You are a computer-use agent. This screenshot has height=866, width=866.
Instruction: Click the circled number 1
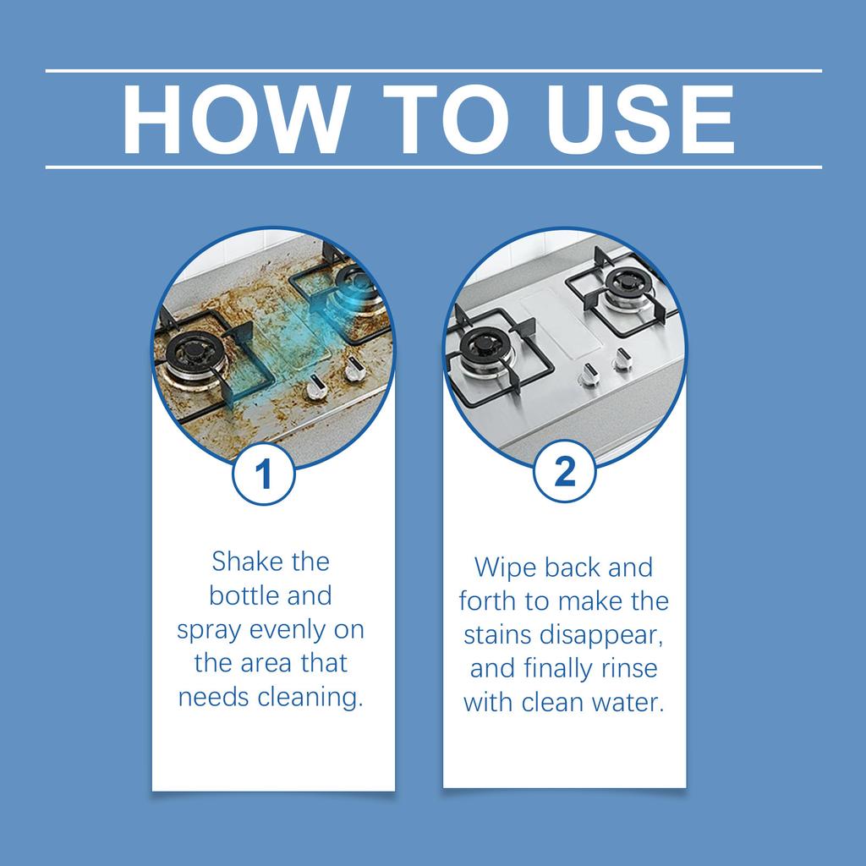264,474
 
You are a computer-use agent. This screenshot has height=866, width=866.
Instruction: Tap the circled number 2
564,471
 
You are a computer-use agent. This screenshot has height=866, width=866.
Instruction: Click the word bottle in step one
241,595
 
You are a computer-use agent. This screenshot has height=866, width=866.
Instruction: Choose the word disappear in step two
607,635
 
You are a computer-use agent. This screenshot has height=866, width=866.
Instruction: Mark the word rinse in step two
628,668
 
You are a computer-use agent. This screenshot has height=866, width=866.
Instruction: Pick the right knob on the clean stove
622,359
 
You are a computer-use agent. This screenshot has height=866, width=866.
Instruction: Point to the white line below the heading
433,167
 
